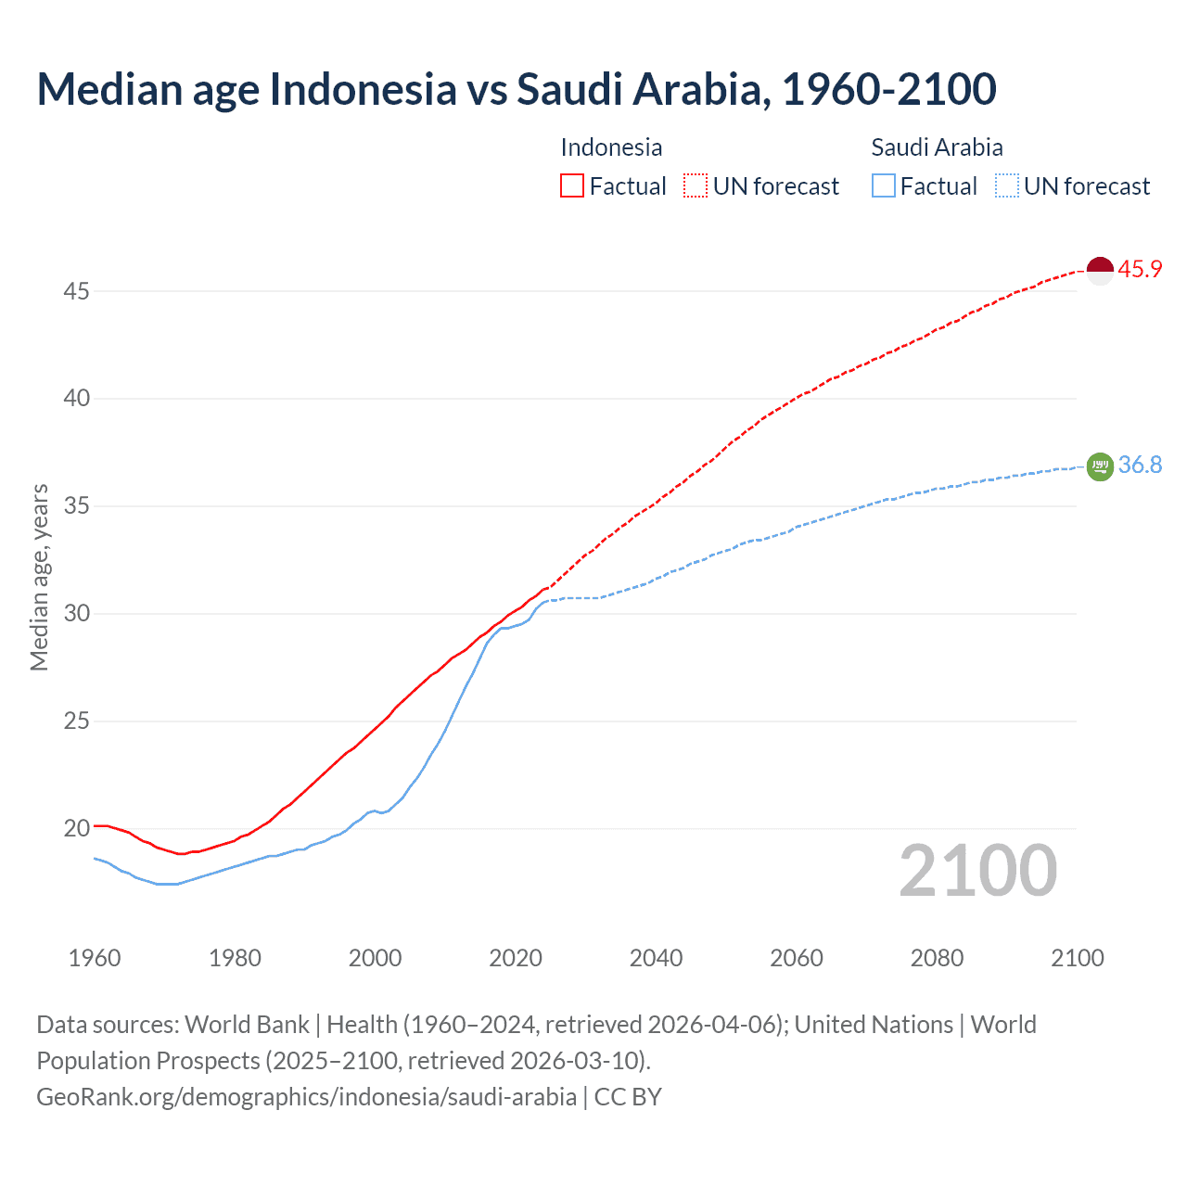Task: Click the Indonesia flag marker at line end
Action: pyautogui.click(x=1100, y=271)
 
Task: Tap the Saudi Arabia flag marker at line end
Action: pyautogui.click(x=1100, y=466)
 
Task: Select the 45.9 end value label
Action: pyautogui.click(x=1140, y=270)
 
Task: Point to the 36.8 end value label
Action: pyautogui.click(x=1140, y=465)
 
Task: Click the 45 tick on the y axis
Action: pyautogui.click(x=76, y=291)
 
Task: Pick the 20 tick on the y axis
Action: pyautogui.click(x=76, y=828)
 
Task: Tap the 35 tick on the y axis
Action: pyautogui.click(x=76, y=506)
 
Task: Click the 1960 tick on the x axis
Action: pyautogui.click(x=95, y=958)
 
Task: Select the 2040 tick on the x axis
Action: pyautogui.click(x=656, y=958)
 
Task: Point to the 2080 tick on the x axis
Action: pyautogui.click(x=937, y=958)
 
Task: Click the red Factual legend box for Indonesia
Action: pyautogui.click(x=572, y=186)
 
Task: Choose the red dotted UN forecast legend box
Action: pyautogui.click(x=696, y=186)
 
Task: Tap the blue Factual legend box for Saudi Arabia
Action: pyautogui.click(x=884, y=186)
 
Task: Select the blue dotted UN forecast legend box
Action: pyautogui.click(x=1007, y=186)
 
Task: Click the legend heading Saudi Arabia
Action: pyautogui.click(x=937, y=147)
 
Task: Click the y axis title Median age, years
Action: pyautogui.click(x=39, y=577)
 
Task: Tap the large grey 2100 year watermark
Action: pyautogui.click(x=977, y=871)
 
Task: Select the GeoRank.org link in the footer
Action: pyautogui.click(x=306, y=1097)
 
